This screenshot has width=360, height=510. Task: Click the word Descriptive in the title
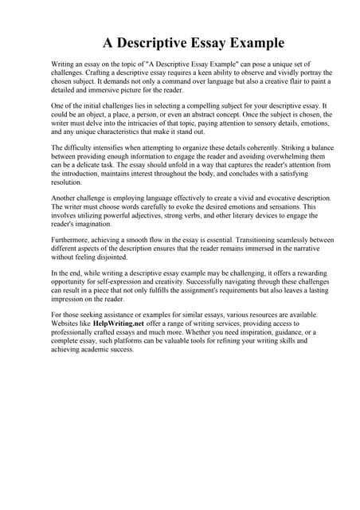point(170,41)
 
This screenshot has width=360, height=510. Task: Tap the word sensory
point(239,123)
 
